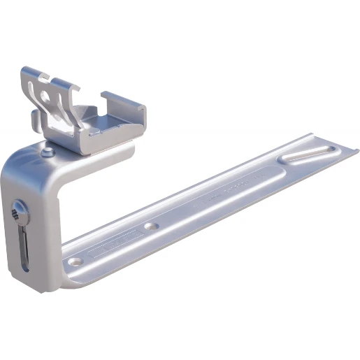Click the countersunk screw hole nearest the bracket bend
tap(75, 261)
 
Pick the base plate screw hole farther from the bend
tap(150, 227)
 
